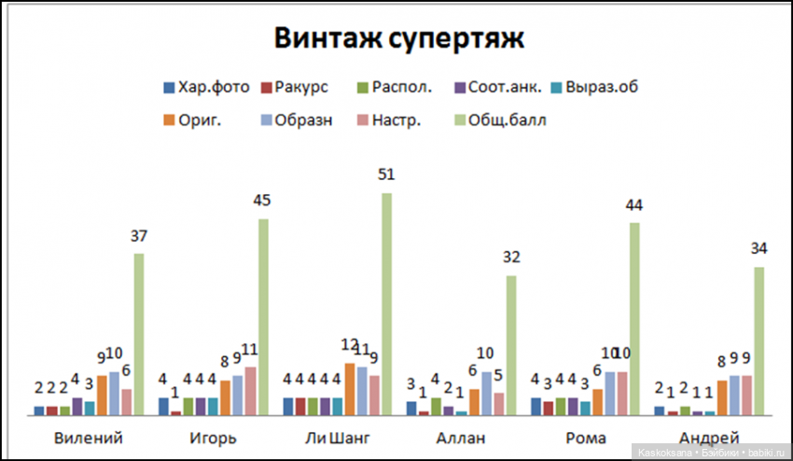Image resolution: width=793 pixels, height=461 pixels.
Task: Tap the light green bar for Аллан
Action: (510, 344)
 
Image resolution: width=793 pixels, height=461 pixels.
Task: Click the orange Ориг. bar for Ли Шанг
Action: (350, 388)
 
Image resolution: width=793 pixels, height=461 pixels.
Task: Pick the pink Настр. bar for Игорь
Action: (250, 390)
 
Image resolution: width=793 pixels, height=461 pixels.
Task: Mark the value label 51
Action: (386, 175)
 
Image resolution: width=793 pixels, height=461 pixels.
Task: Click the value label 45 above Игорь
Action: (262, 201)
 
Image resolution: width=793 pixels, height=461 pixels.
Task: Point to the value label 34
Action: (759, 248)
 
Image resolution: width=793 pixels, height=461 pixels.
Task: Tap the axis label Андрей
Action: (709, 437)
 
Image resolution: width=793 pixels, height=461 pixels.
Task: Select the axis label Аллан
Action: (461, 437)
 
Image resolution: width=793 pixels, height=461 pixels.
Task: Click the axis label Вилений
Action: (89, 437)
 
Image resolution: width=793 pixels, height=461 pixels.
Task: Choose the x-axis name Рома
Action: (585, 437)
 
